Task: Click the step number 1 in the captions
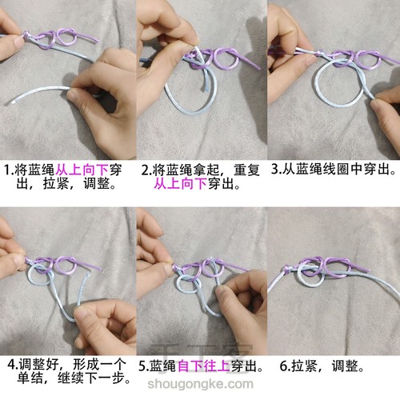click(7, 170)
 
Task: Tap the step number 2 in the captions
click(145, 170)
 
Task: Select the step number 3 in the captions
click(274, 169)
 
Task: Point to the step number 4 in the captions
click(11, 365)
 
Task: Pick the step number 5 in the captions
click(142, 366)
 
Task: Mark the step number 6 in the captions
click(283, 366)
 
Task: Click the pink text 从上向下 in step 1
click(82, 170)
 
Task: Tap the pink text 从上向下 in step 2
click(180, 184)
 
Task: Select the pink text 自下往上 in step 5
click(203, 366)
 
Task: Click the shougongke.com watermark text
click(200, 384)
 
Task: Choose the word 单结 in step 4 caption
click(30, 378)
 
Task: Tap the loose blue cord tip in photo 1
click(10, 102)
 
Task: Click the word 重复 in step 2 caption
click(246, 170)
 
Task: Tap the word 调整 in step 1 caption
click(97, 184)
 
